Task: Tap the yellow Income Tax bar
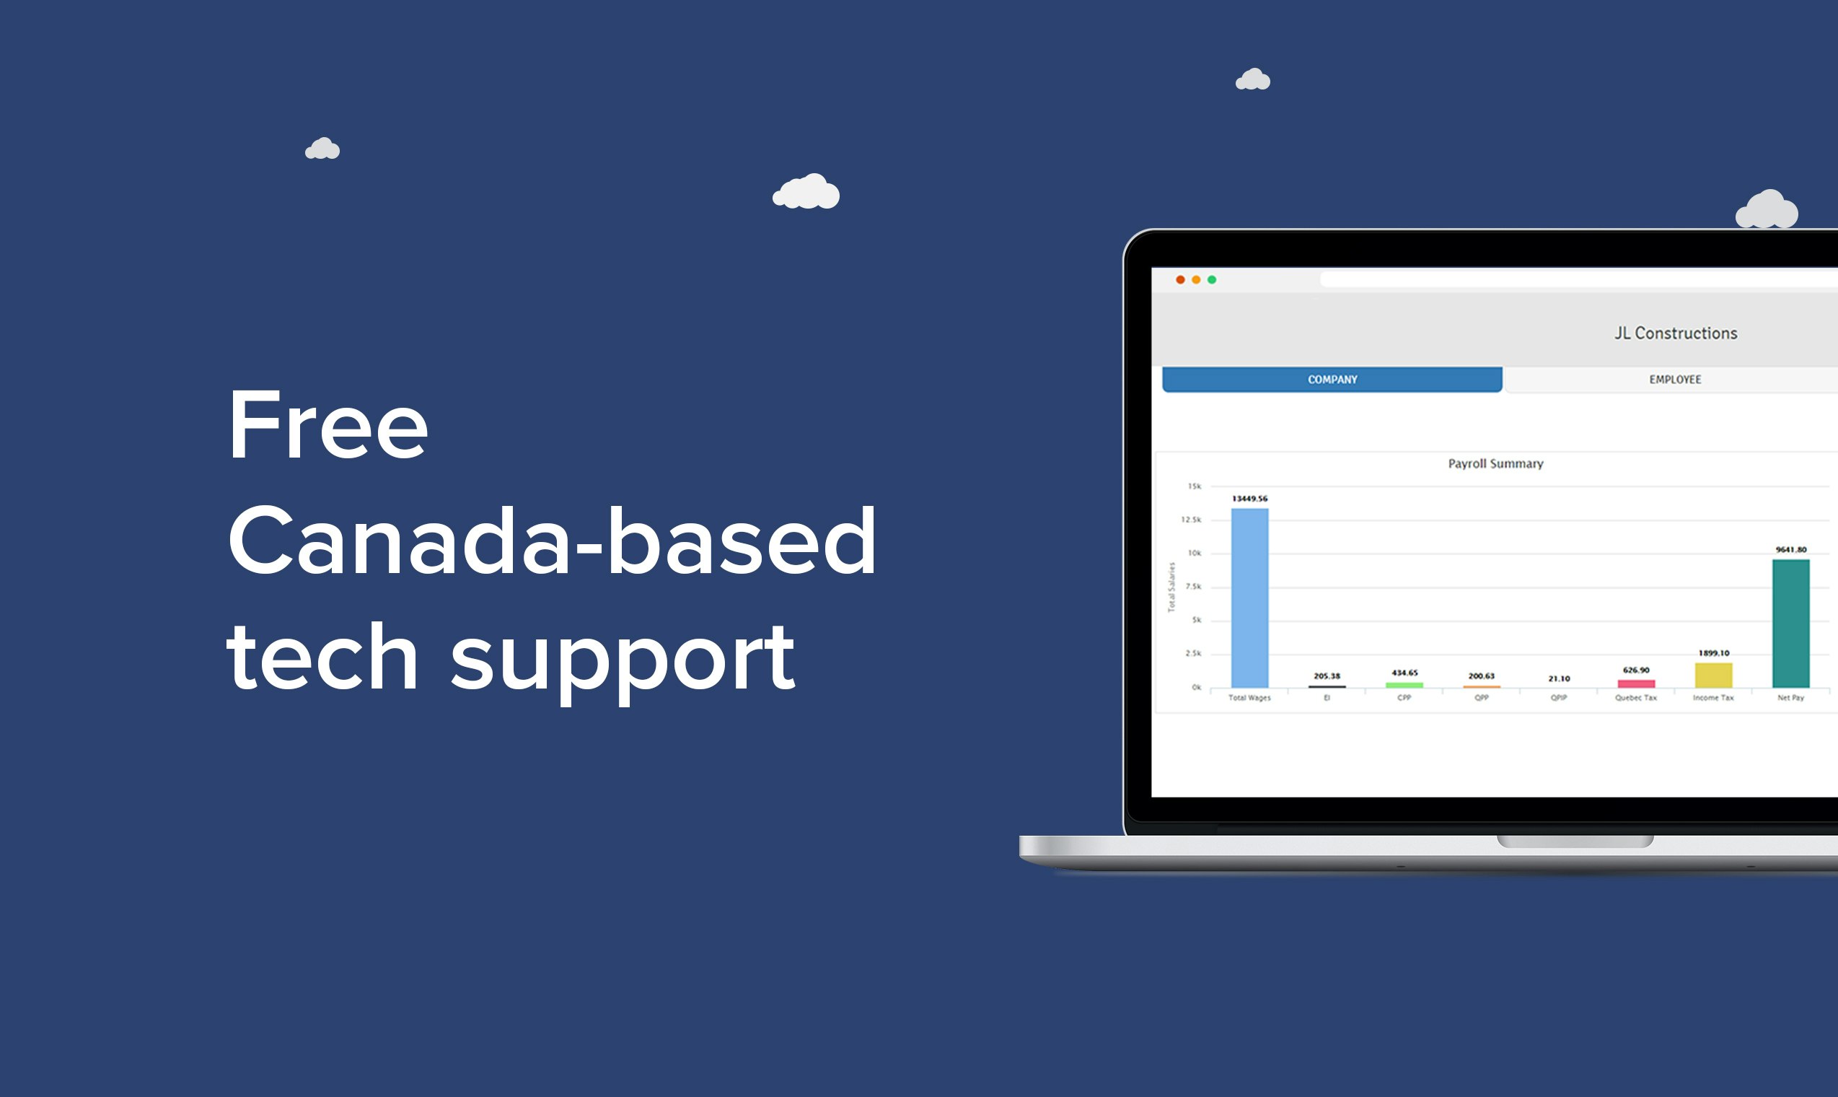click(x=1713, y=675)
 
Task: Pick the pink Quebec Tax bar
click(x=1636, y=683)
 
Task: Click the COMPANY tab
click(x=1332, y=379)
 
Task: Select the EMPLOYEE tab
click(x=1675, y=379)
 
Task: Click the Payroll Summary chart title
click(x=1495, y=463)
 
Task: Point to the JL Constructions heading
click(x=1676, y=333)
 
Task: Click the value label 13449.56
click(x=1249, y=498)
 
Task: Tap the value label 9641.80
click(x=1790, y=549)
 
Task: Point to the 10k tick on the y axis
click(x=1194, y=553)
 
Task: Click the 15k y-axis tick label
click(x=1194, y=486)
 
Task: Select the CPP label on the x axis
click(x=1404, y=698)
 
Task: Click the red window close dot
click(x=1180, y=279)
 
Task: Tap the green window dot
click(x=1212, y=279)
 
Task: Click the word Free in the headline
click(x=327, y=426)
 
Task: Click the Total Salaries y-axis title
click(x=1171, y=587)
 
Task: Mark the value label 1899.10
click(x=1713, y=652)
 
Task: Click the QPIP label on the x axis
click(x=1559, y=698)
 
